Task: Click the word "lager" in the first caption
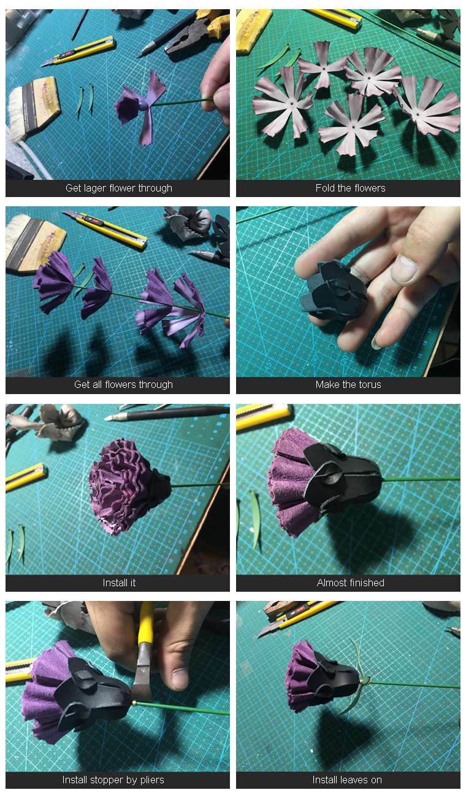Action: point(95,188)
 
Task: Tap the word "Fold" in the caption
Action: point(324,188)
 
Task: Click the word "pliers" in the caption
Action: point(152,780)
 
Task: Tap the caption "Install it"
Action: point(119,583)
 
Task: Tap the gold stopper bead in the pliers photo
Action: point(134,703)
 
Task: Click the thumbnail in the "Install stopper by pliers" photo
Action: point(180,680)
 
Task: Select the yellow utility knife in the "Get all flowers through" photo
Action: point(105,228)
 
